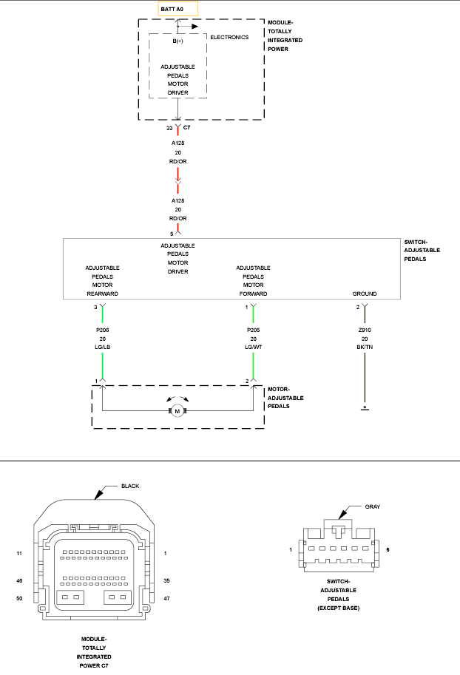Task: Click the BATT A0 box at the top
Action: (x=178, y=9)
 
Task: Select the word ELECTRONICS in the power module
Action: (x=229, y=38)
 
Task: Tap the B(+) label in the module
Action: (x=178, y=41)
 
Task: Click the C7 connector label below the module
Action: (x=186, y=127)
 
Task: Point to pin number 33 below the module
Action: (x=169, y=129)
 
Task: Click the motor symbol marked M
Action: (x=177, y=411)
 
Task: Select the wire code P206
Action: (x=103, y=330)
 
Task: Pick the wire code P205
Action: (x=253, y=330)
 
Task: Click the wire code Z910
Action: (x=365, y=330)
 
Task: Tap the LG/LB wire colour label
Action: (x=103, y=347)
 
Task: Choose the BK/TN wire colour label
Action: (x=365, y=347)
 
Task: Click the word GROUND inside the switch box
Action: (x=365, y=294)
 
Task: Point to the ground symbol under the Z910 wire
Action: (x=365, y=407)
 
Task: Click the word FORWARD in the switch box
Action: (x=253, y=294)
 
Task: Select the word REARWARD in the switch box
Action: (x=103, y=294)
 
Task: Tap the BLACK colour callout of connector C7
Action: (x=130, y=486)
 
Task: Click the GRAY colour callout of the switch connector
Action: (x=373, y=506)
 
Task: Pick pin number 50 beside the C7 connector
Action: (x=19, y=598)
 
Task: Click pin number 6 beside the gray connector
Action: (x=388, y=550)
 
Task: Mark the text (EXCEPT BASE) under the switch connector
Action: (x=339, y=608)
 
